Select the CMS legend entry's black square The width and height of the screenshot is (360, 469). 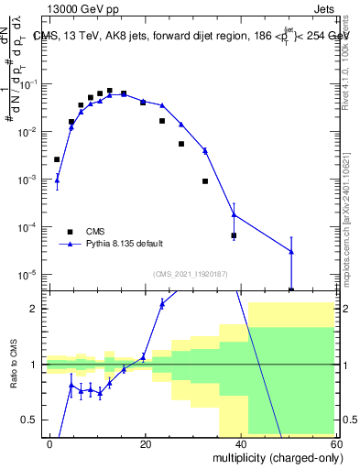tap(70, 231)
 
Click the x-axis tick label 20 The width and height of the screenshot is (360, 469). tap(146, 443)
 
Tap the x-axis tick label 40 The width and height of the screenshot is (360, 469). tap(241, 443)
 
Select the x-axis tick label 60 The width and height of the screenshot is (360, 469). tap(335, 443)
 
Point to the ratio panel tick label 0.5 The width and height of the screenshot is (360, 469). tap(33, 420)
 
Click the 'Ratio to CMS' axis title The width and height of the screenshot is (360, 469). tap(12, 376)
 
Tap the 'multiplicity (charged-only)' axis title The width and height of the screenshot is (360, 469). tap(274, 457)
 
